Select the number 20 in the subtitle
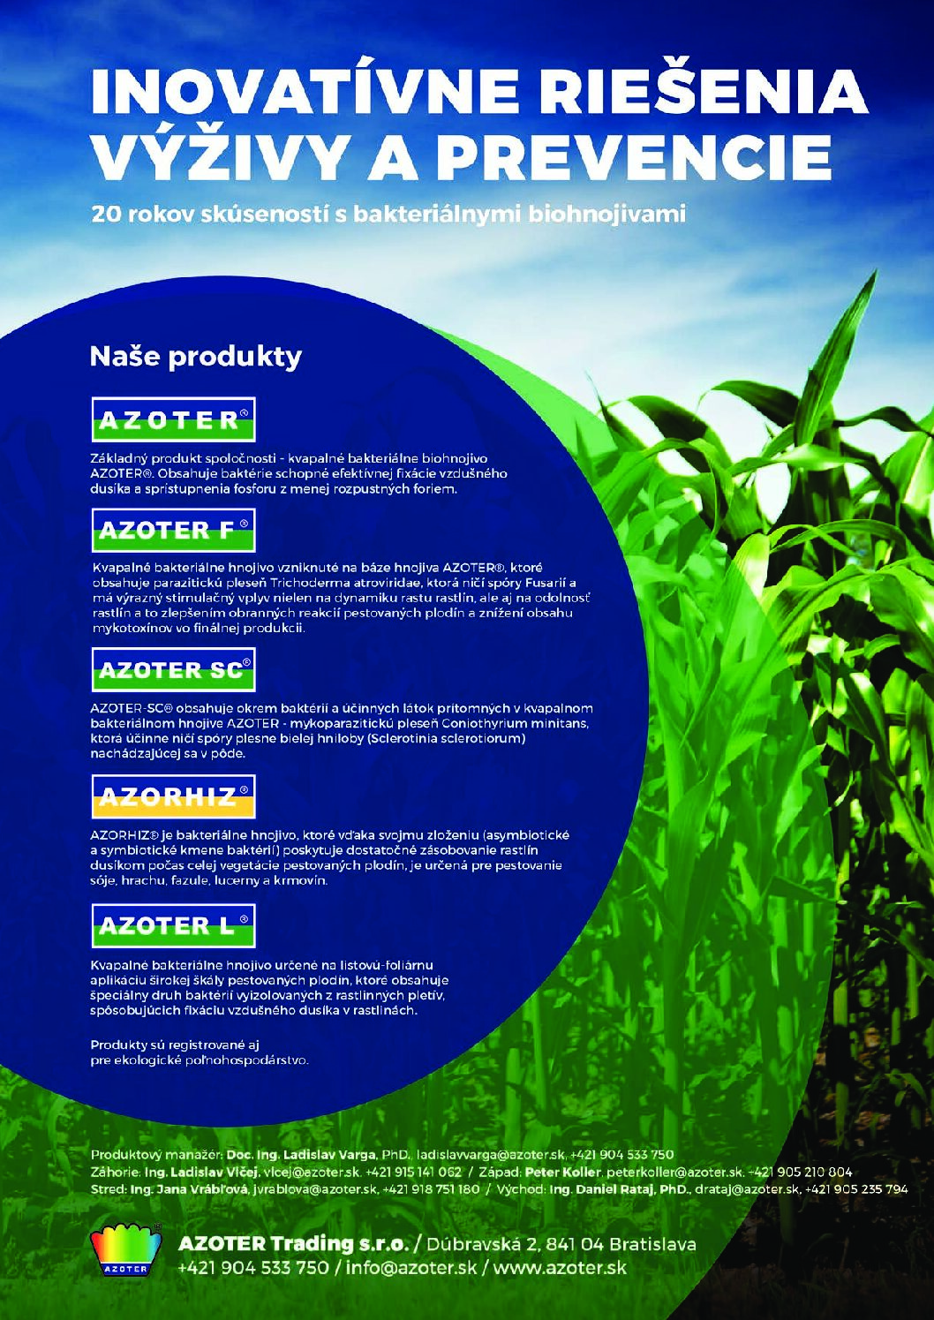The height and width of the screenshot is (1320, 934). click(104, 215)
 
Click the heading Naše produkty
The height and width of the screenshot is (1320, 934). click(196, 358)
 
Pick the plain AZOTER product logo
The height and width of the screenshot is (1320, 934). click(173, 419)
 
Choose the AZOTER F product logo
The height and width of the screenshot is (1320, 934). click(173, 530)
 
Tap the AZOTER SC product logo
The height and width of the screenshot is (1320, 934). click(173, 669)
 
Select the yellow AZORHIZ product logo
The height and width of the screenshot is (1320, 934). click(173, 796)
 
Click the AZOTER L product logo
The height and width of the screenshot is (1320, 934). click(173, 926)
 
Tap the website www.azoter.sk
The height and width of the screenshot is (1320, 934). click(560, 1263)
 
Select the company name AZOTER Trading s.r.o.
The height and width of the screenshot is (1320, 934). click(293, 1240)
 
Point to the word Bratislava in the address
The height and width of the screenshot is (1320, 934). click(653, 1240)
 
